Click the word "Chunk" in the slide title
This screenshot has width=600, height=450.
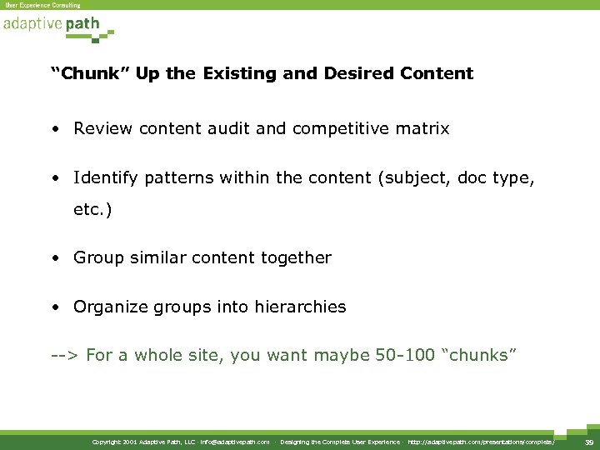click(91, 73)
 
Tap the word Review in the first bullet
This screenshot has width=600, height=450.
click(99, 129)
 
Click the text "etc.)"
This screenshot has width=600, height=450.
click(92, 211)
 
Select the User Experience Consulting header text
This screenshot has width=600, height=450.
click(43, 5)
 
